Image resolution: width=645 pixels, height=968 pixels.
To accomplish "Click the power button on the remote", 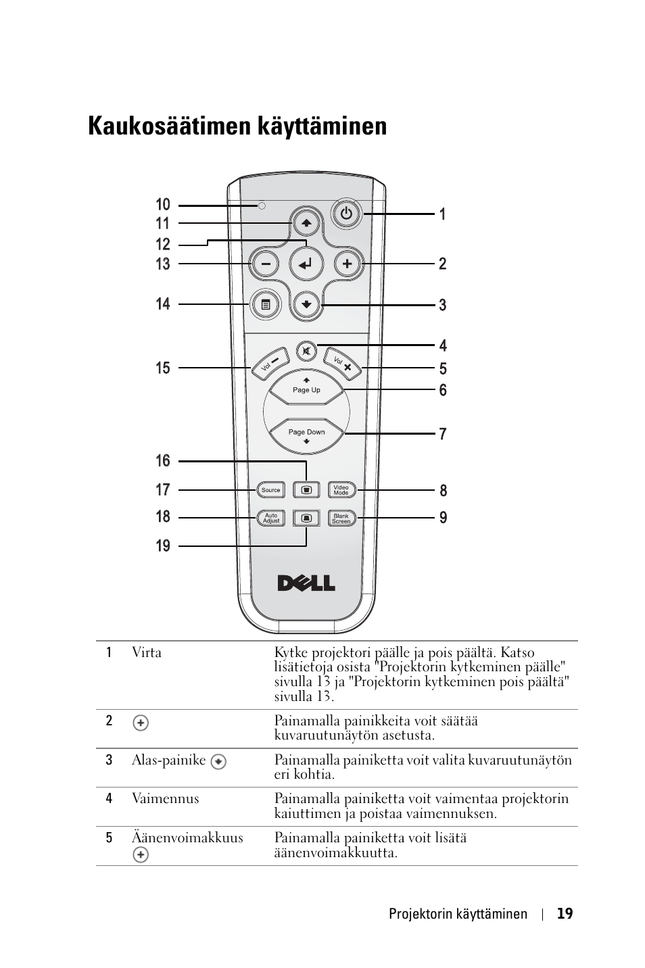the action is pos(346,214).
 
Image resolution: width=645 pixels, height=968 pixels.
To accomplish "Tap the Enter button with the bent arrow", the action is pos(306,264).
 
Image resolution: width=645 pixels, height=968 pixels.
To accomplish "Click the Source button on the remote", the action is pos(270,490).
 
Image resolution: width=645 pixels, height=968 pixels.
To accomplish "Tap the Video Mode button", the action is pos(341,490).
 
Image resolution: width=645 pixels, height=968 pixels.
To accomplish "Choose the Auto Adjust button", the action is pos(271,518).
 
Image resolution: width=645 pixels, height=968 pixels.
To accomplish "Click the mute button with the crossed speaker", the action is pos(306,352).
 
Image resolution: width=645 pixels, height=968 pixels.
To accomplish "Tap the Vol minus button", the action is pos(270,364).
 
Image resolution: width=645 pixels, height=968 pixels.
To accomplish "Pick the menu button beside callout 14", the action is pos(266,305).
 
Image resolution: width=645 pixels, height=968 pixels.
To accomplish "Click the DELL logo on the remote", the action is pos(306,583).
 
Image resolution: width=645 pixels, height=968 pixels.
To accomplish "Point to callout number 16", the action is pos(163,460).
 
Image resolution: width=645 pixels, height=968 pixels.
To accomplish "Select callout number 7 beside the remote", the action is pos(443,434).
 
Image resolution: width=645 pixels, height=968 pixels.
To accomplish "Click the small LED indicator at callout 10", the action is pos(262,205).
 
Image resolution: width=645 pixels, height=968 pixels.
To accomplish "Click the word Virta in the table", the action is pos(147,652).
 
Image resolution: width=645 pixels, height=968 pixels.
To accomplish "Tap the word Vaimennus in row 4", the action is pos(166,798).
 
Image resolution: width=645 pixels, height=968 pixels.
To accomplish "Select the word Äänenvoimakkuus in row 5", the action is pos(188,838).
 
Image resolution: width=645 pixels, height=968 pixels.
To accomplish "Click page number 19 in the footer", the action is pos(565,913).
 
